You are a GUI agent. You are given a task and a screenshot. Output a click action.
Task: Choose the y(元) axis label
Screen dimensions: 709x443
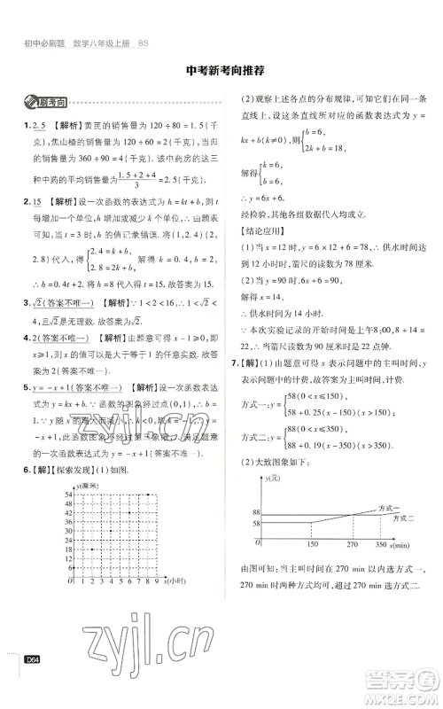[x=271, y=479]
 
